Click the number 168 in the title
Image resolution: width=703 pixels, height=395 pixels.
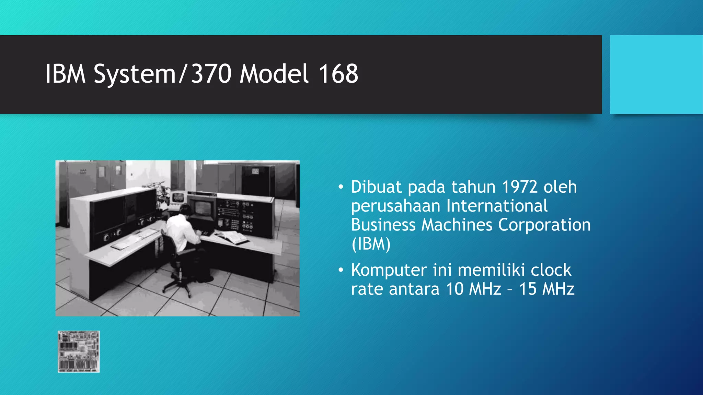point(338,74)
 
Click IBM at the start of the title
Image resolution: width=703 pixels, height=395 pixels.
point(65,74)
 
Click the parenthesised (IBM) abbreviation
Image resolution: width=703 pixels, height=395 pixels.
point(371,244)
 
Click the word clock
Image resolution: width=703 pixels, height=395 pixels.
point(551,270)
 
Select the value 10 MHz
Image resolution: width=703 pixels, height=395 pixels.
point(474,289)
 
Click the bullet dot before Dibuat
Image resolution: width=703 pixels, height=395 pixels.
point(341,187)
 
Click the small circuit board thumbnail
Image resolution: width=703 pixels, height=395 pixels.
point(79,351)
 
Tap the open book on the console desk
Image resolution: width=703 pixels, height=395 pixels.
point(232,236)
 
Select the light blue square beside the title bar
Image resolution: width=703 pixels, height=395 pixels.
point(656,74)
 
